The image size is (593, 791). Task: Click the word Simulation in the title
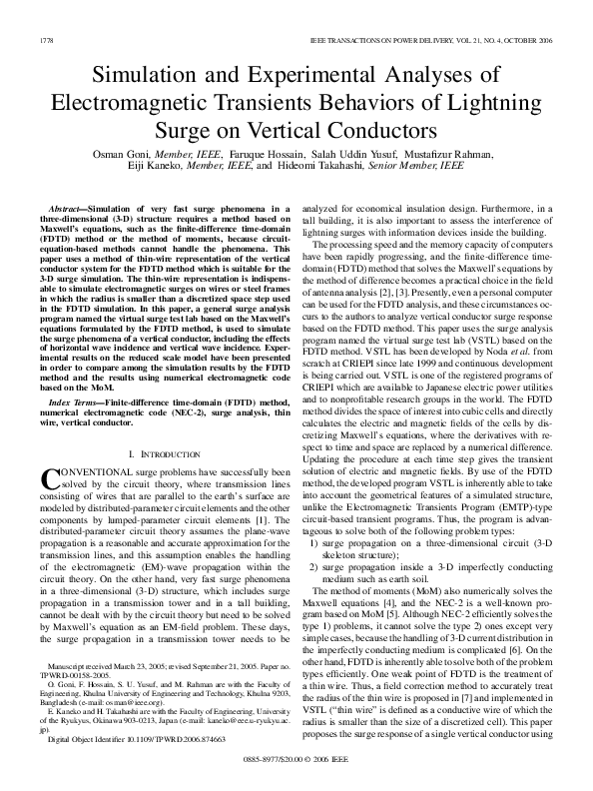click(152, 75)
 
